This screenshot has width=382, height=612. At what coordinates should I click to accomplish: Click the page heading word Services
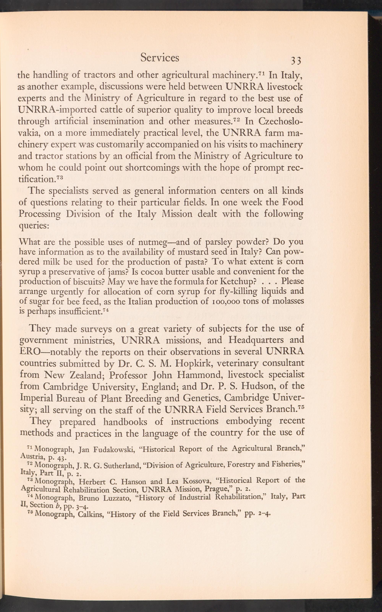tap(160, 58)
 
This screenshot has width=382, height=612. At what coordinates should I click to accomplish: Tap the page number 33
tap(296, 61)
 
